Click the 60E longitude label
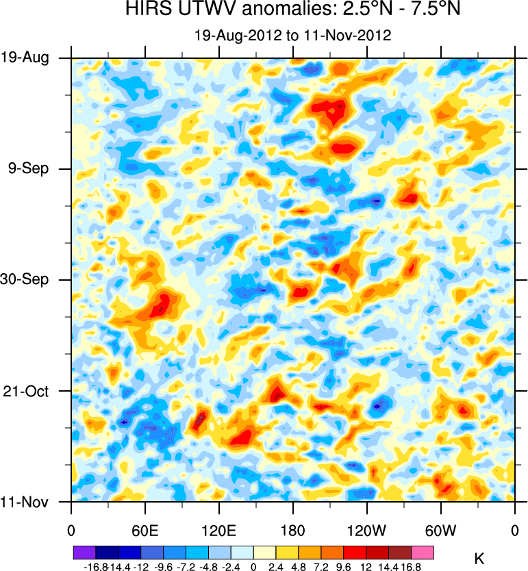coord(145,530)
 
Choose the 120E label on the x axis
coord(219,530)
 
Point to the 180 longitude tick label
coord(293,530)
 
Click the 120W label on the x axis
coord(367,530)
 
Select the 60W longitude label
coord(441,530)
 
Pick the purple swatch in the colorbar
coord(84,550)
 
